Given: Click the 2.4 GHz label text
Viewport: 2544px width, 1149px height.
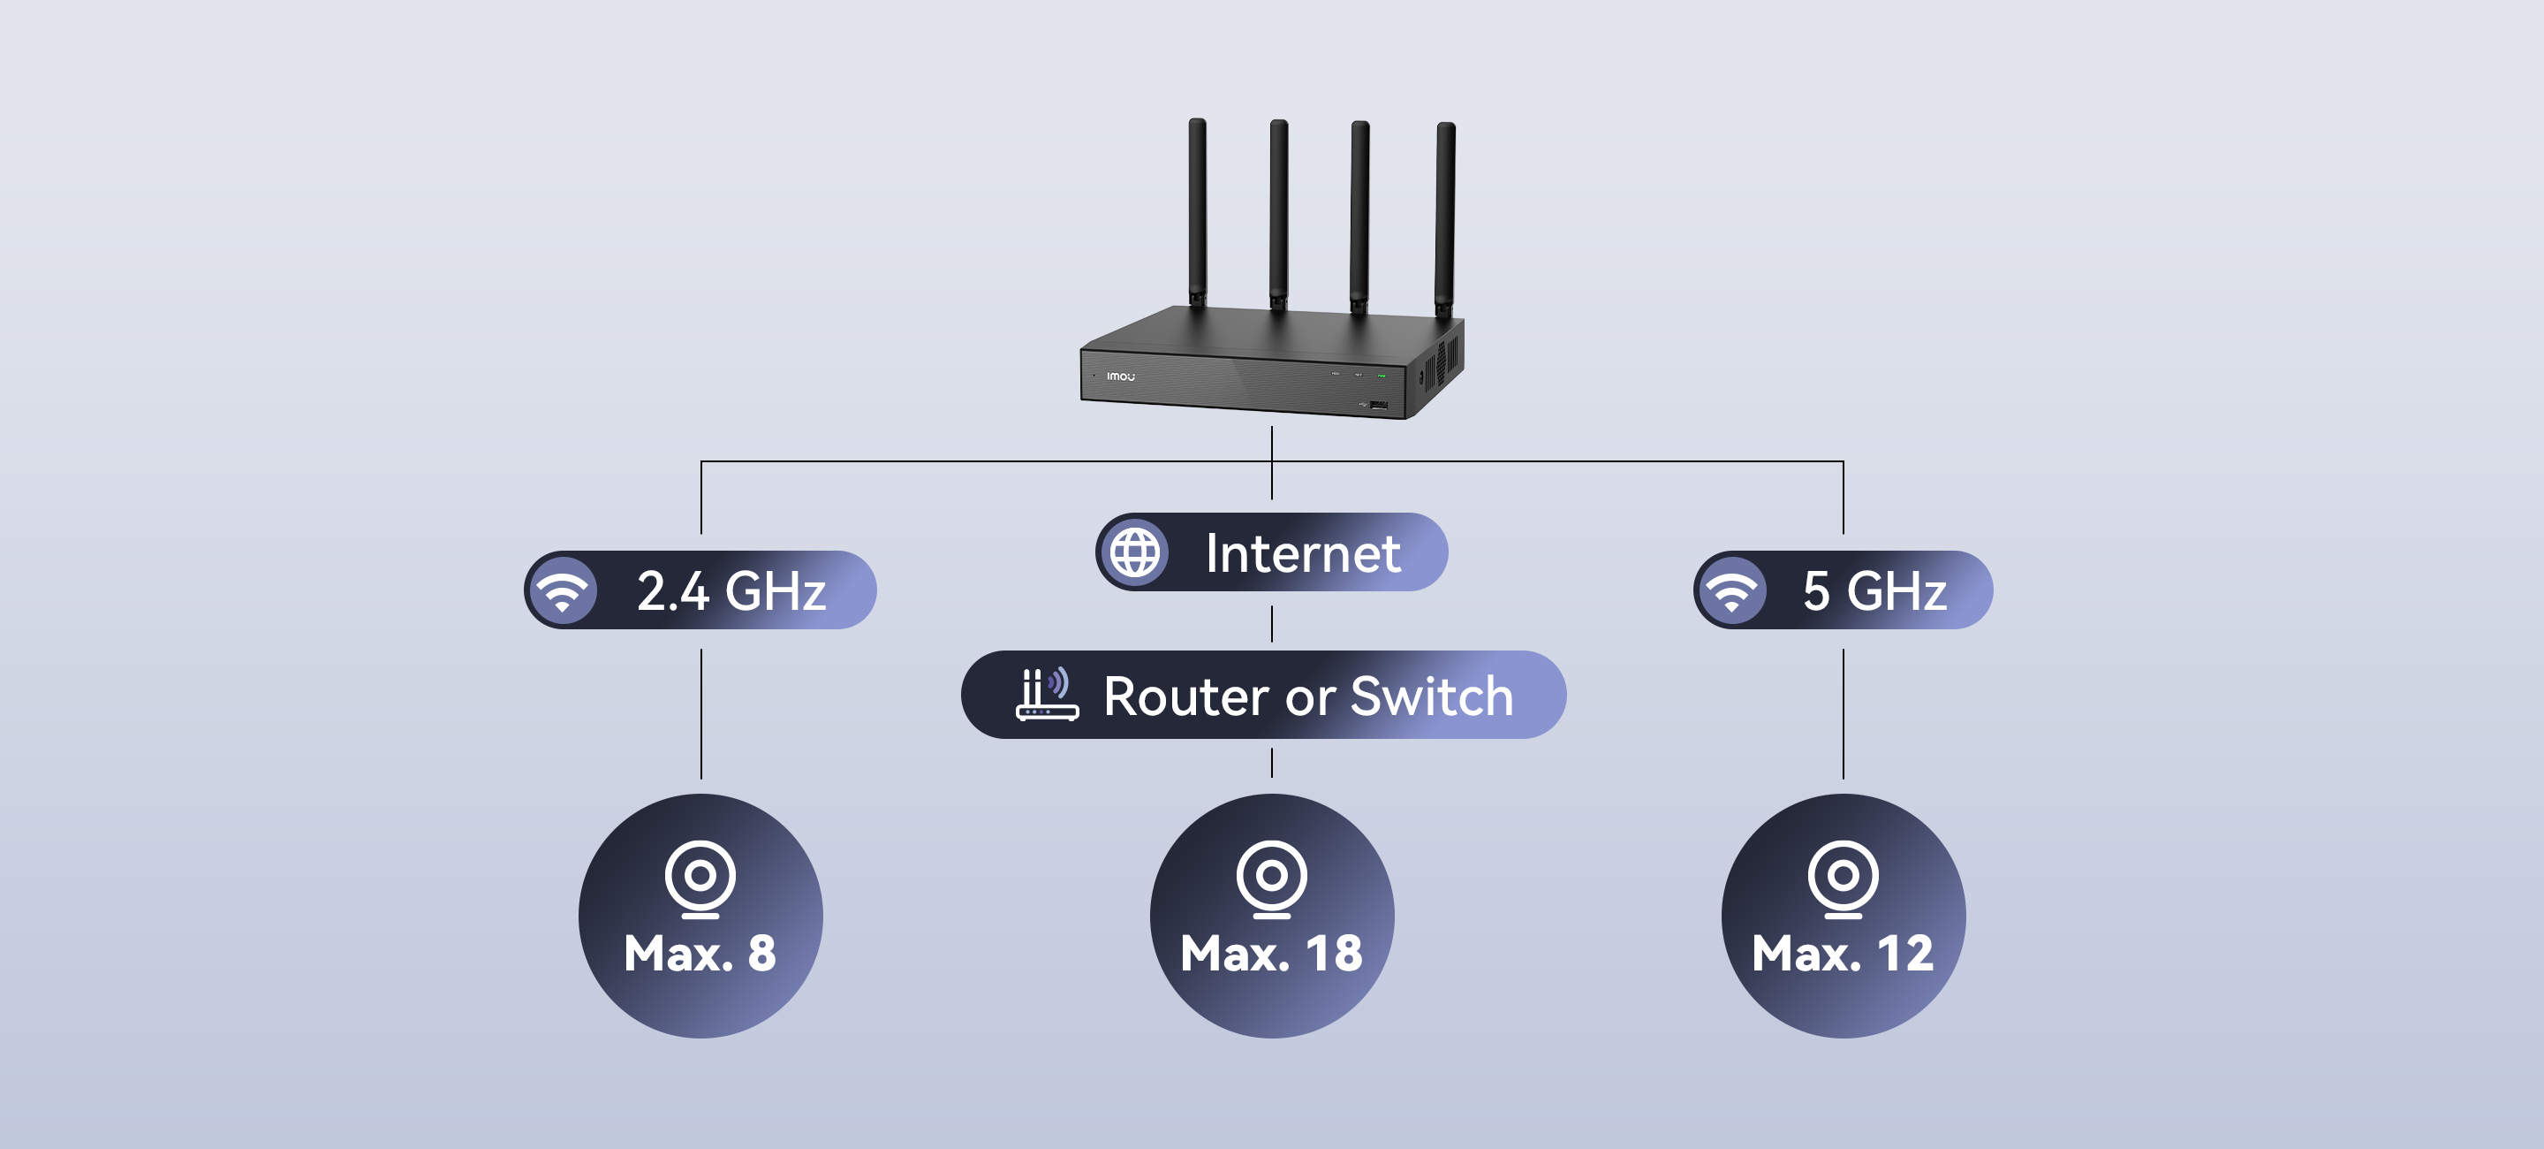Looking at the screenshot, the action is point(731,590).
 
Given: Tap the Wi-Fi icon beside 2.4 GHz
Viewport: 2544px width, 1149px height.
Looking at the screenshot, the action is point(563,590).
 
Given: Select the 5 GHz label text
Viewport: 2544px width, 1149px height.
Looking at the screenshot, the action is point(1874,590).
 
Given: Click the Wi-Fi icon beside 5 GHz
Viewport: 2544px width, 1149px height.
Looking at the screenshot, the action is point(1732,590).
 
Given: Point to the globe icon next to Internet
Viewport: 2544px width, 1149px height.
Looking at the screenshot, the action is point(1135,552).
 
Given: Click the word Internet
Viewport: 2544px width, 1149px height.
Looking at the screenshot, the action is point(1303,553).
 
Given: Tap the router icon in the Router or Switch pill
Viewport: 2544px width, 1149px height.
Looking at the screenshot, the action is point(1046,694).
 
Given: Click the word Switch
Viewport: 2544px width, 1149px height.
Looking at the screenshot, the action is point(1431,696).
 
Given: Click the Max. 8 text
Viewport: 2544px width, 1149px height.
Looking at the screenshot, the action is point(700,954).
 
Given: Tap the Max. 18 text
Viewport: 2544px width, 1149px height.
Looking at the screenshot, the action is point(1271,954).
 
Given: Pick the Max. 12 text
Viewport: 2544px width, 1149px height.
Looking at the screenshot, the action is point(1843,954).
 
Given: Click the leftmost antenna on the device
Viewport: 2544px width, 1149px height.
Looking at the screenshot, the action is point(1197,212).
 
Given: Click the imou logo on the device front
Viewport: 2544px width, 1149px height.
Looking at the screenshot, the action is point(1121,377).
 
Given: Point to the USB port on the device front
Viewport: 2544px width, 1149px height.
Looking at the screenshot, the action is point(1379,404).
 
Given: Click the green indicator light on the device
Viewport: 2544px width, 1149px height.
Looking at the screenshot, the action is point(1382,376).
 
